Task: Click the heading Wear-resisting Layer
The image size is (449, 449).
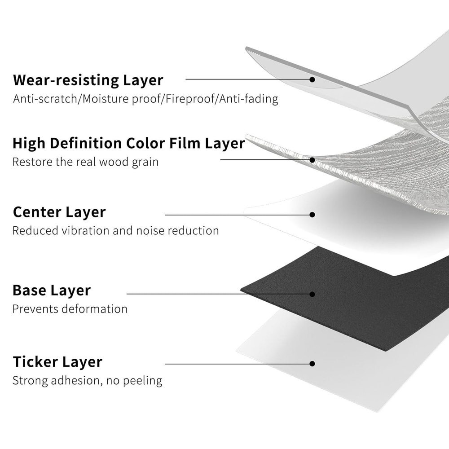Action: click(x=88, y=80)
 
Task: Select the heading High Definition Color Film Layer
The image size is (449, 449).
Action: click(x=128, y=144)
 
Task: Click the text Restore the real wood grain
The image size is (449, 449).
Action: click(x=85, y=162)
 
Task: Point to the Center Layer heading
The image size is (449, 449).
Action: click(x=59, y=212)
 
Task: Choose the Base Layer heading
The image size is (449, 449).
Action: click(x=52, y=291)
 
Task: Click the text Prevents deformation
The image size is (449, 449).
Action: click(x=70, y=309)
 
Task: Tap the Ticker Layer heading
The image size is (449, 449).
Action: click(x=57, y=362)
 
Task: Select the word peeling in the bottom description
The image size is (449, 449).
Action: click(x=143, y=381)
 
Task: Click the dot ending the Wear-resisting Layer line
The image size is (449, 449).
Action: click(x=313, y=79)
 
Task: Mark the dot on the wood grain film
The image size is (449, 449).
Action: click(x=313, y=159)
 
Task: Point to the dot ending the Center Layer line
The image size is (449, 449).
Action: click(x=313, y=215)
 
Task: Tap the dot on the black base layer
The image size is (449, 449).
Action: click(x=313, y=294)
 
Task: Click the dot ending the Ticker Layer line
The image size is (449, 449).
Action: click(x=313, y=364)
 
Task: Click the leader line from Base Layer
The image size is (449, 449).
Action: click(x=216, y=294)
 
